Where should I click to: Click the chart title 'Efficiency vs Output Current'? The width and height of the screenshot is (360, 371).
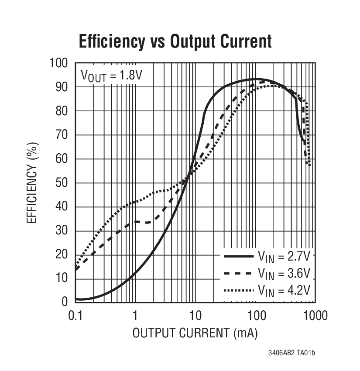175,41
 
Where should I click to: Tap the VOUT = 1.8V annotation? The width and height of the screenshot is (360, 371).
111,75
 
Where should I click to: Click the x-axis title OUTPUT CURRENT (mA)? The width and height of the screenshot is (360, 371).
195,333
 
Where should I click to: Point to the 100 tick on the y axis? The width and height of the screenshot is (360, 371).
58,64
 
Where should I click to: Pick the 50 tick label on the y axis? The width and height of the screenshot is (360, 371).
62,183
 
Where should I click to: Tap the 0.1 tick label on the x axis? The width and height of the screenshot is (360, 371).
75,316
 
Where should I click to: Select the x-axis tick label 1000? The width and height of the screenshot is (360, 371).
315,316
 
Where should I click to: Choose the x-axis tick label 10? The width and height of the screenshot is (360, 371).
195,316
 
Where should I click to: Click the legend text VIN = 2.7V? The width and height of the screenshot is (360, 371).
284,256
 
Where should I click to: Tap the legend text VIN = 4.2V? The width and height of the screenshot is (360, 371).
284,290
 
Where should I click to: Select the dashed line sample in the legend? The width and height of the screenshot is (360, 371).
238,274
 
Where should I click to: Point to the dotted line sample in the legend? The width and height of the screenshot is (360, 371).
238,290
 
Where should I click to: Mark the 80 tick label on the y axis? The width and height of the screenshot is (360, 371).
62,111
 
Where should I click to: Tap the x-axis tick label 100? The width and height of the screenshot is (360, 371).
255,316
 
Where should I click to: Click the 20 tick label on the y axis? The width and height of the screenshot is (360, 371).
62,254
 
